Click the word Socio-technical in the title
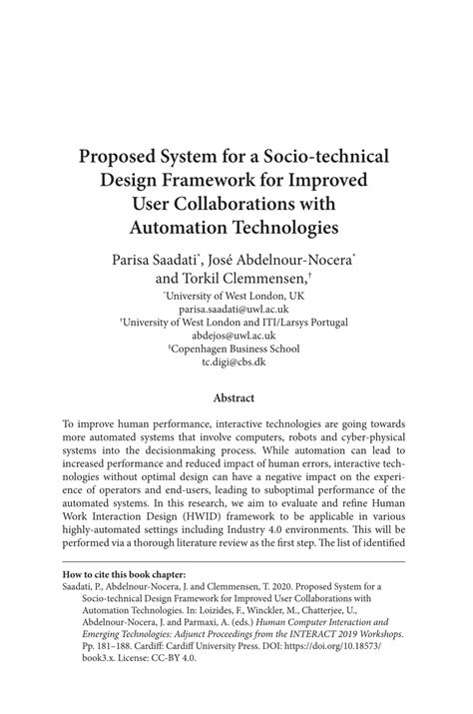[314, 157]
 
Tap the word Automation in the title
[183, 227]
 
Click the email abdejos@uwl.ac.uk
[236, 337]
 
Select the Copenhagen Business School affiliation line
[236, 351]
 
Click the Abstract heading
[236, 396]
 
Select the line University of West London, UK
[236, 297]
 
